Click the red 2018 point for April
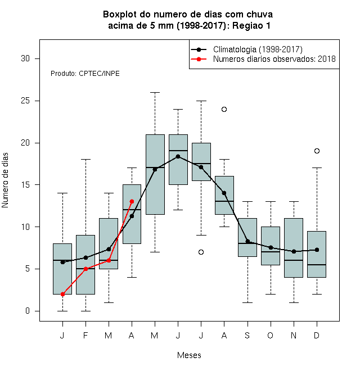pyautogui.click(x=132, y=201)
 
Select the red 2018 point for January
pyautogui.click(x=62, y=294)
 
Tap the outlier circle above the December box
pyautogui.click(x=317, y=151)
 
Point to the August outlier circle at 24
pyautogui.click(x=224, y=109)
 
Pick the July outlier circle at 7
pyautogui.click(x=201, y=252)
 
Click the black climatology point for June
pyautogui.click(x=178, y=156)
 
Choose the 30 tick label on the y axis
pyautogui.click(x=25, y=58)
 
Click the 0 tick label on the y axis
pyautogui.click(x=28, y=311)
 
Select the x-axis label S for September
pyautogui.click(x=247, y=335)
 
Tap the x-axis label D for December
pyautogui.click(x=317, y=335)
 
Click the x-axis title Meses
pyautogui.click(x=189, y=355)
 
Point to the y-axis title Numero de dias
pyautogui.click(x=5, y=180)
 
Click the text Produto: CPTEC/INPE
pyautogui.click(x=85, y=74)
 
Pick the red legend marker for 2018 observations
pyautogui.click(x=199, y=59)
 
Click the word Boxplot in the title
pyautogui.click(x=120, y=15)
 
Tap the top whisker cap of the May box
pyautogui.click(x=155, y=93)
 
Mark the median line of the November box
pyautogui.click(x=294, y=260)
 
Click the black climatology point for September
pyautogui.click(x=247, y=241)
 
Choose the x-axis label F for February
pyautogui.click(x=85, y=335)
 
